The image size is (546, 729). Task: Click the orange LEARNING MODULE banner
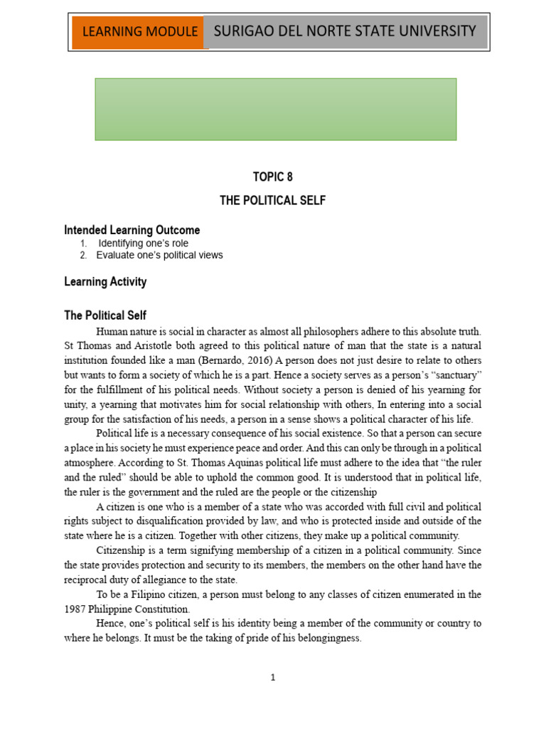click(x=140, y=32)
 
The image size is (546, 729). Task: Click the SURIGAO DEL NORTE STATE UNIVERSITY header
click(x=345, y=31)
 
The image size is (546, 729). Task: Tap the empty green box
click(x=276, y=109)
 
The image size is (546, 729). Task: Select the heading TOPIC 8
click(x=272, y=177)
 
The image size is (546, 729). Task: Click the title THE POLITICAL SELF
click(x=272, y=201)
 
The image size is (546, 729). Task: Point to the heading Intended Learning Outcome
click(x=132, y=230)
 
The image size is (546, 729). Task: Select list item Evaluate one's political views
click(x=159, y=255)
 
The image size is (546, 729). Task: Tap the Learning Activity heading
click(x=105, y=281)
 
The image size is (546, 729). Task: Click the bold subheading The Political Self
click(x=105, y=315)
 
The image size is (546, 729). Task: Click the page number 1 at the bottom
click(x=272, y=678)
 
